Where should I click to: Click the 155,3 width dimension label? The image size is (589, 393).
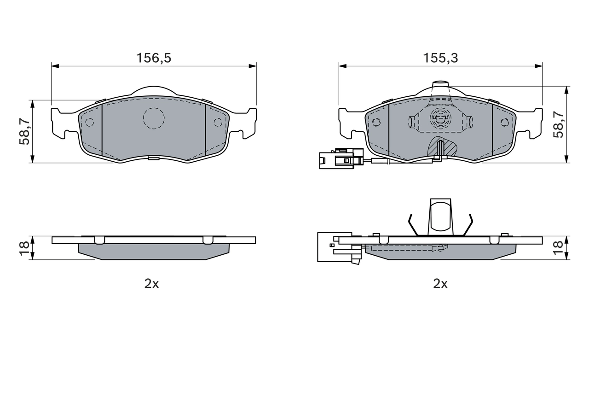[x=440, y=58]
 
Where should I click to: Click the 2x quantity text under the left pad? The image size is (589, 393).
[x=151, y=284]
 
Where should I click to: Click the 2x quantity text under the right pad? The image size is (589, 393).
[x=440, y=284]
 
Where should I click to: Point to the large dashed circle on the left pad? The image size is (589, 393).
[x=154, y=118]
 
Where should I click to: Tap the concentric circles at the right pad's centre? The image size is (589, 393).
[x=440, y=118]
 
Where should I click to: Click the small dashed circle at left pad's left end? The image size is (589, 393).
[x=89, y=122]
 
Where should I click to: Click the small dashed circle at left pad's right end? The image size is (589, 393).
[x=218, y=122]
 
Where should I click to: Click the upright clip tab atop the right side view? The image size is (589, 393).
[x=440, y=216]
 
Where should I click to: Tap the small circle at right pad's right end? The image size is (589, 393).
[x=504, y=122]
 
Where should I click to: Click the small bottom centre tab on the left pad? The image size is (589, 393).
[x=154, y=158]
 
